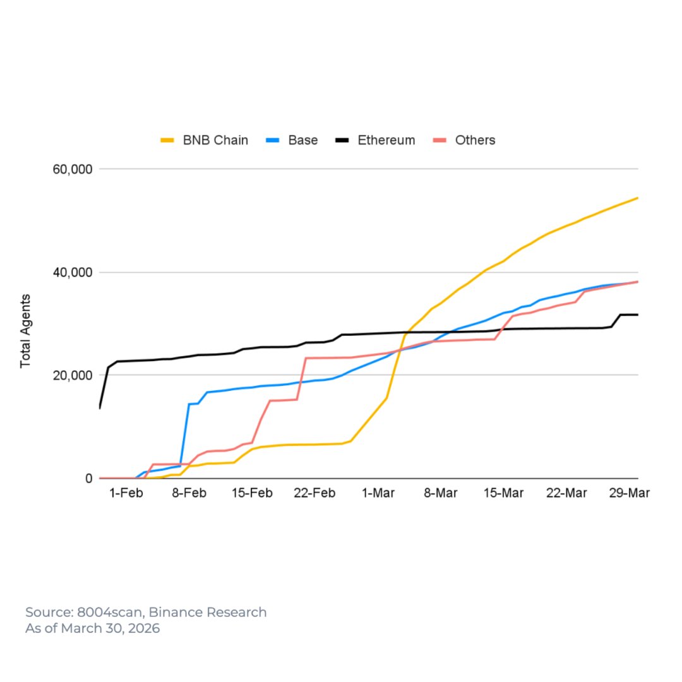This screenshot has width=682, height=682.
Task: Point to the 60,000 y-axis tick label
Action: pos(72,169)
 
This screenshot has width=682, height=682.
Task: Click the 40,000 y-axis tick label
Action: pos(72,272)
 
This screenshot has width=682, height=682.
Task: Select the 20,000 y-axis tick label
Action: pos(72,375)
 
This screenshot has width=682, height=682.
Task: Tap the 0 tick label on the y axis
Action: pos(89,479)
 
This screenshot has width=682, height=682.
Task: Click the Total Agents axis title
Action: pos(26,331)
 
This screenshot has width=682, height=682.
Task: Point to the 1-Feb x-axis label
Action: pos(126,493)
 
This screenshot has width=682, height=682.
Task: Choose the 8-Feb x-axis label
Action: pos(189,493)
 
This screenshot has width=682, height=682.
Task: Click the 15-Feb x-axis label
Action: pos(251,493)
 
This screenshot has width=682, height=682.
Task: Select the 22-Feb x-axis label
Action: pos(314,493)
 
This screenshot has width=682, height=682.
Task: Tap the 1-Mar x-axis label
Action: pos(378,493)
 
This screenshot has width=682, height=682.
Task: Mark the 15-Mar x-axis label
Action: pos(503,493)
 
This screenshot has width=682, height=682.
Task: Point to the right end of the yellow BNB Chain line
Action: pos(637,198)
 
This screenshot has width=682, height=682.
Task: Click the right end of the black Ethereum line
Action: pos(637,314)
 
